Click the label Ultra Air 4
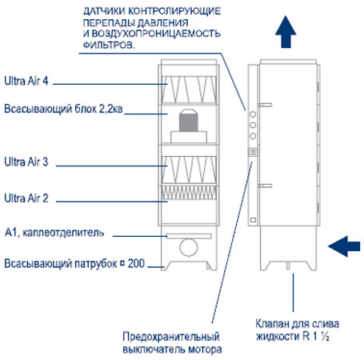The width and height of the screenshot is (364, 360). (26, 81)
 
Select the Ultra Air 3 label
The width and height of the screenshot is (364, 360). (26, 162)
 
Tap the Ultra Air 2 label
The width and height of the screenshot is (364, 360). (26, 198)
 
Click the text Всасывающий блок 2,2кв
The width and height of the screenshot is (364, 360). (63, 109)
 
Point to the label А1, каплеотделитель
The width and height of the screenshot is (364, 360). (54, 233)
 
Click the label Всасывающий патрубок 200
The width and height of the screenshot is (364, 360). (74, 264)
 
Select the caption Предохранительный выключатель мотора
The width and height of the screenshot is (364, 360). (172, 343)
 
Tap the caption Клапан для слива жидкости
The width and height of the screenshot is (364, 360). (298, 330)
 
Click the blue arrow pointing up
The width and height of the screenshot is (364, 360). (286, 32)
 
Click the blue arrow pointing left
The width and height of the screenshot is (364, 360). (344, 246)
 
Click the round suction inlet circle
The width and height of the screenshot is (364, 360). (189, 247)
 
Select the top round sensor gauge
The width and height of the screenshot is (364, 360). (253, 114)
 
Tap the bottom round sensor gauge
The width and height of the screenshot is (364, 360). (253, 136)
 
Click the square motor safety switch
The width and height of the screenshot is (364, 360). (253, 152)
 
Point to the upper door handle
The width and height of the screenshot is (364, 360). (265, 105)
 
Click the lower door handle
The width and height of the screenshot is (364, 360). (265, 186)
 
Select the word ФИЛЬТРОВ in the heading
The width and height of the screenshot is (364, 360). (109, 45)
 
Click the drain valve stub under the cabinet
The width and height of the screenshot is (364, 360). (287, 265)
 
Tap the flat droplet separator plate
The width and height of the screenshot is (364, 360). (189, 236)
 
